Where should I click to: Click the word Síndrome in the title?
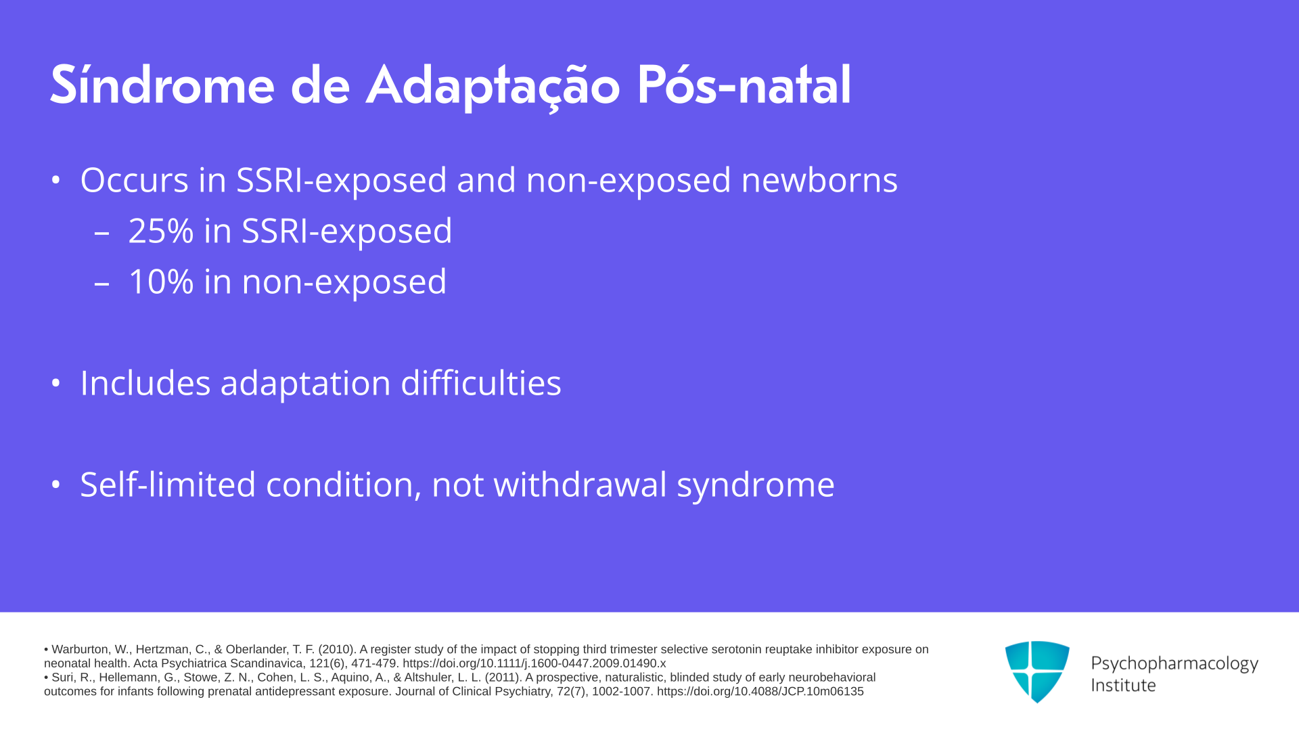pos(162,85)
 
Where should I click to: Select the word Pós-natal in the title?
pos(744,85)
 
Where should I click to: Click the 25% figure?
pos(161,231)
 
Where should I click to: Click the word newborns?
pos(819,180)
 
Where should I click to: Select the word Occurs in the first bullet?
pos(134,181)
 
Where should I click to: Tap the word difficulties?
pos(481,383)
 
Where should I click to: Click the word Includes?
pos(145,383)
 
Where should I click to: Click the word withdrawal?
pos(580,485)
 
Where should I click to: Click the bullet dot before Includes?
pos(56,383)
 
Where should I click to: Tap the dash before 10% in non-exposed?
pos(102,284)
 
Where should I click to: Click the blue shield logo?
pos(1037,671)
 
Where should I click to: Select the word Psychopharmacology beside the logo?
pos(1175,664)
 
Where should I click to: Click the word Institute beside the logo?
pos(1123,686)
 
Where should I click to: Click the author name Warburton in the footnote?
pos(80,650)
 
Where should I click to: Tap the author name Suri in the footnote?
pos(63,678)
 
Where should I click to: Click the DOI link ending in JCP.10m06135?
pos(760,692)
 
